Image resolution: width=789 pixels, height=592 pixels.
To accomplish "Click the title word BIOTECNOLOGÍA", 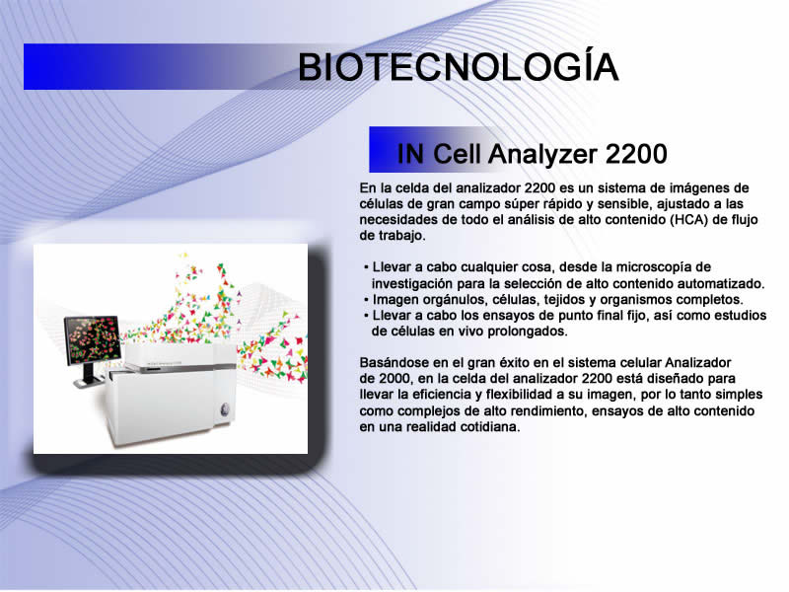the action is click(458, 66).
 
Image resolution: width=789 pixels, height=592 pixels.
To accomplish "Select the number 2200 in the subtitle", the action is click(636, 154).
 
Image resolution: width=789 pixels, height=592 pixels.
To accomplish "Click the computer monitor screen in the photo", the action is click(93, 339).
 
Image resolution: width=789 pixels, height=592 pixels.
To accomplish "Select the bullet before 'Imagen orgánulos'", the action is click(366, 301).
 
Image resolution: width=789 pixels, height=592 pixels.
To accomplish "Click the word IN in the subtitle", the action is click(410, 154).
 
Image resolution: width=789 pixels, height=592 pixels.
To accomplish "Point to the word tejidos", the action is click(564, 301).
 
